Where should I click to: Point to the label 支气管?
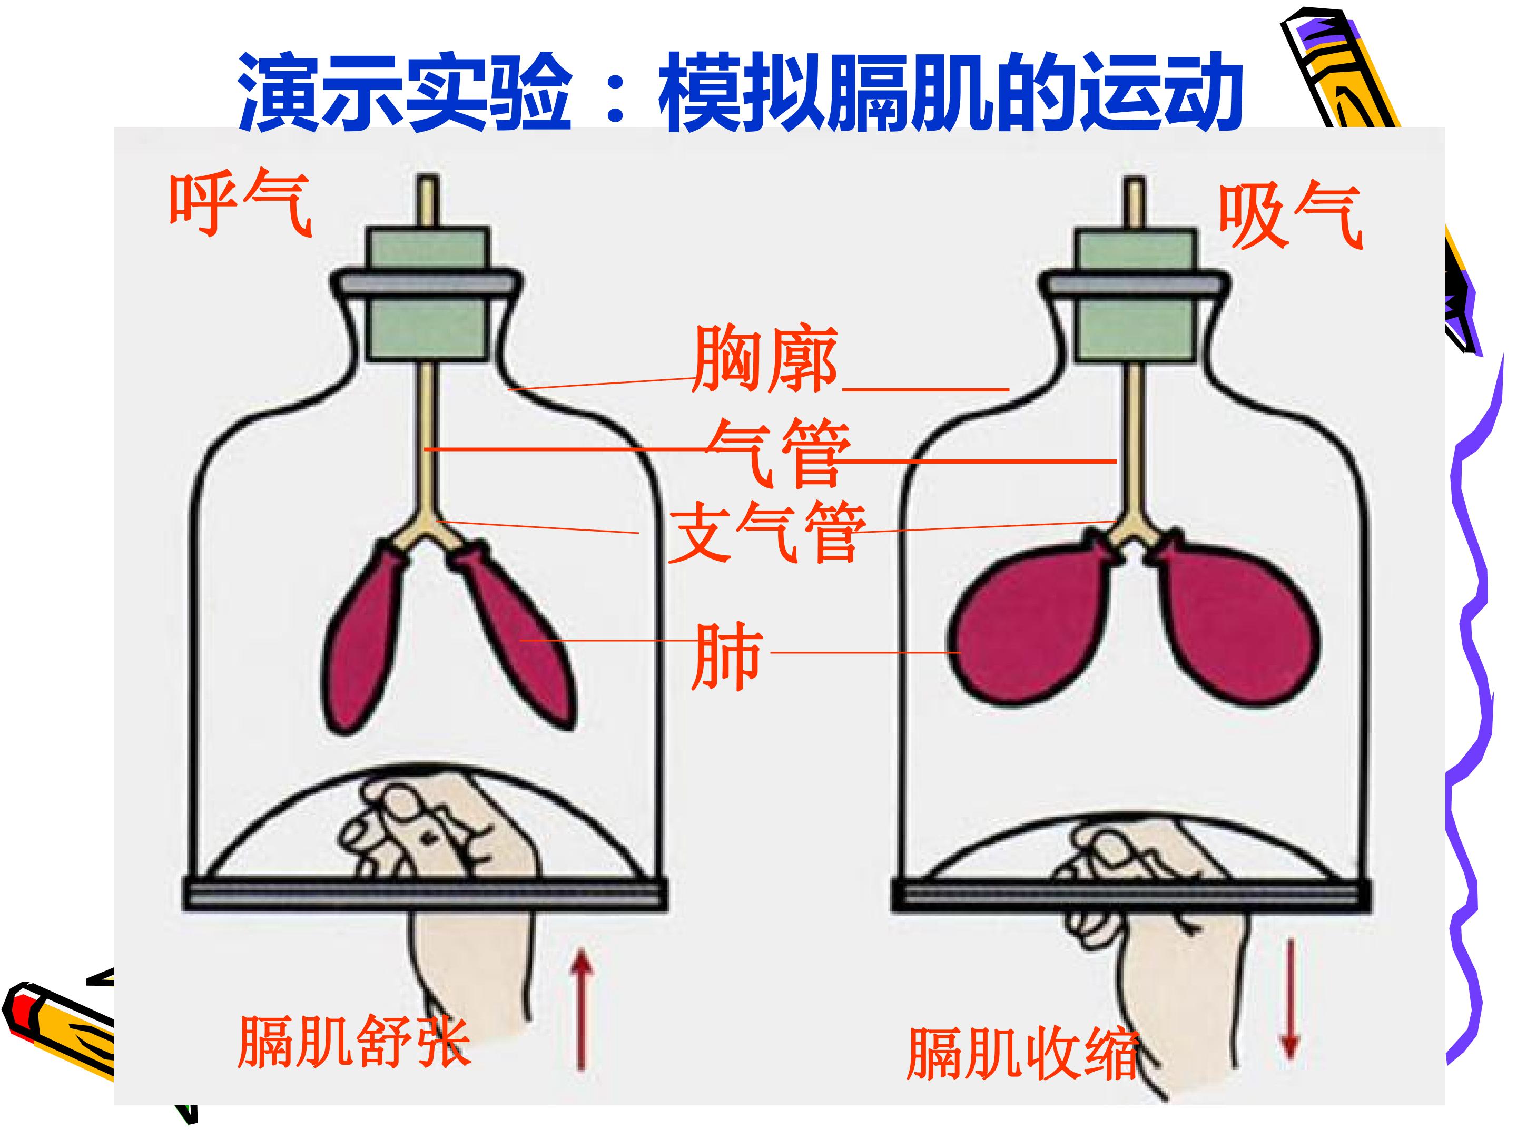767,531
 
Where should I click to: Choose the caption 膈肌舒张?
354,1041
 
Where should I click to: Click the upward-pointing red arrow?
582,1008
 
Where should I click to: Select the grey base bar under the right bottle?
1131,895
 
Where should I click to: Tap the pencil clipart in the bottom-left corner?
58,1032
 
